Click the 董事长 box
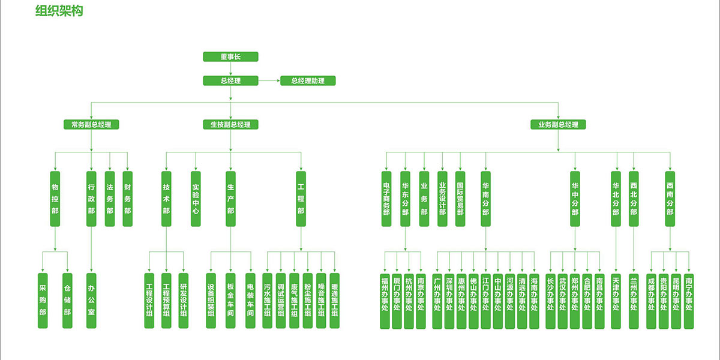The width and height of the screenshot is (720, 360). point(230,57)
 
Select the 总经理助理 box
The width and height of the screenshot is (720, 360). point(308,80)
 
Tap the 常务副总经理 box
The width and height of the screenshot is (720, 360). point(91,125)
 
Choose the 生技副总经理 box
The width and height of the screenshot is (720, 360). point(230,125)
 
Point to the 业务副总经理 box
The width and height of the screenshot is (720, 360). point(558,125)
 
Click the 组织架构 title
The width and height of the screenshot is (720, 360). point(59,11)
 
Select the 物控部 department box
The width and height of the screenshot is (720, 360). point(55,199)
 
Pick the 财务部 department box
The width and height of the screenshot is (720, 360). point(127,199)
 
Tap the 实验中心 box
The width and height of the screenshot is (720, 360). point(196,199)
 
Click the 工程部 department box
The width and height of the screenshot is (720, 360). point(301,199)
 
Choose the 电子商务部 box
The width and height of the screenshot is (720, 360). point(386,199)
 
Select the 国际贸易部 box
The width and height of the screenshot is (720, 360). point(460,199)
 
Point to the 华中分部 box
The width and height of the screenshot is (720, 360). point(575,199)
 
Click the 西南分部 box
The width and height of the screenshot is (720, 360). point(670,199)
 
